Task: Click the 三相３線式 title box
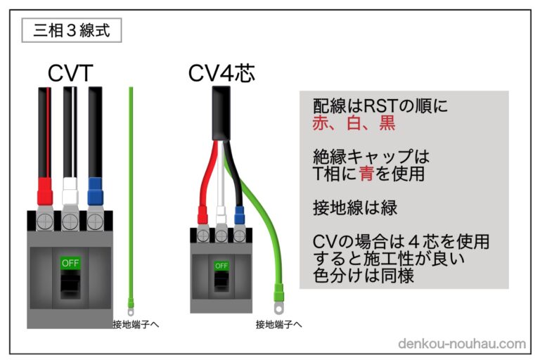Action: coord(71,32)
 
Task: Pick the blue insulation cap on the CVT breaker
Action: coord(94,189)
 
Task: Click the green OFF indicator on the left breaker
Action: coord(70,262)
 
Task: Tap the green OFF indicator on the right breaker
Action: coord(221,266)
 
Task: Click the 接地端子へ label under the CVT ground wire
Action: coord(136,324)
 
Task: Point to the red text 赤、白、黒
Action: coord(354,124)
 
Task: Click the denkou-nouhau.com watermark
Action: coord(461,344)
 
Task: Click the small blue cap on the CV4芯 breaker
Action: coord(239,212)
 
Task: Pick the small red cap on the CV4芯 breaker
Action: coord(202,212)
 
